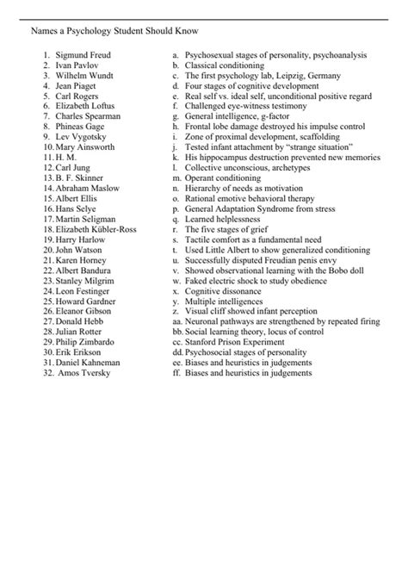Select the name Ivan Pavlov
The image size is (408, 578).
[x=75, y=65]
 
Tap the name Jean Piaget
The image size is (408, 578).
[x=75, y=85]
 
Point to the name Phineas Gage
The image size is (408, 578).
[x=79, y=126]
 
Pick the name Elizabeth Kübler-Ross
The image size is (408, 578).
[x=96, y=230]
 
